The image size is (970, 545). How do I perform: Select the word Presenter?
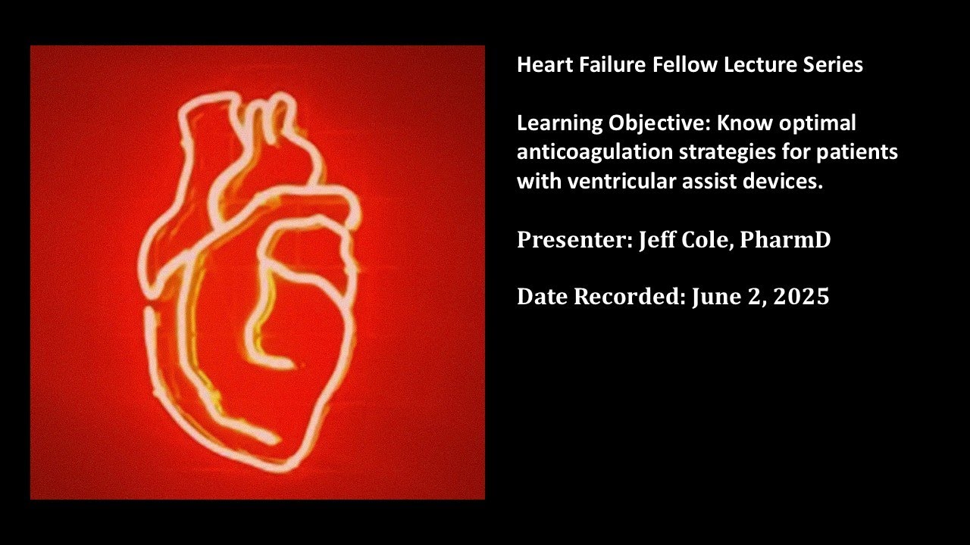(x=572, y=240)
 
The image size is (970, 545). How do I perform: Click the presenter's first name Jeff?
(x=656, y=240)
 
